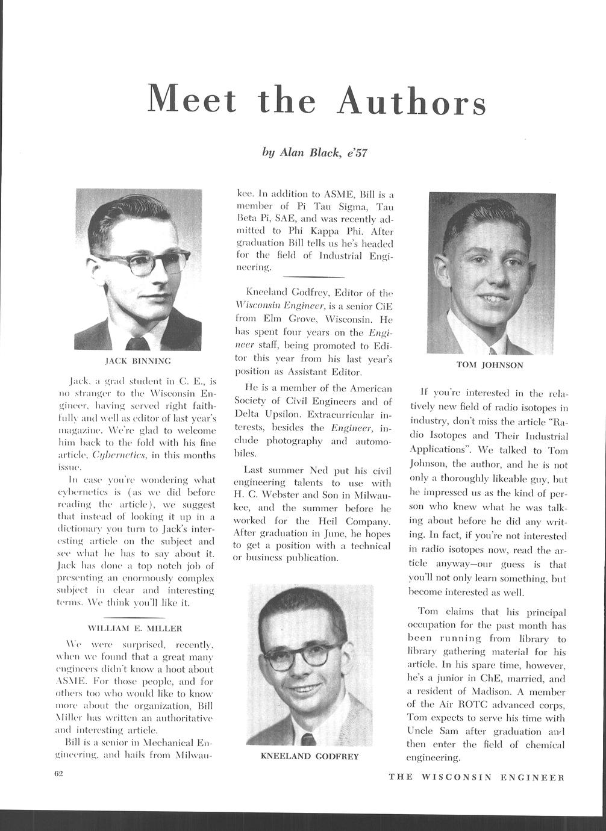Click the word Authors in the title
[411, 101]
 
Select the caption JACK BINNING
[138, 361]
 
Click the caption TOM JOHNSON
[490, 365]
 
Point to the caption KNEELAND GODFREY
[309, 756]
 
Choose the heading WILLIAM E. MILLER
[136, 628]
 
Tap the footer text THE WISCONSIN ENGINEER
[476, 777]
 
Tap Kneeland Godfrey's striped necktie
[308, 739]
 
